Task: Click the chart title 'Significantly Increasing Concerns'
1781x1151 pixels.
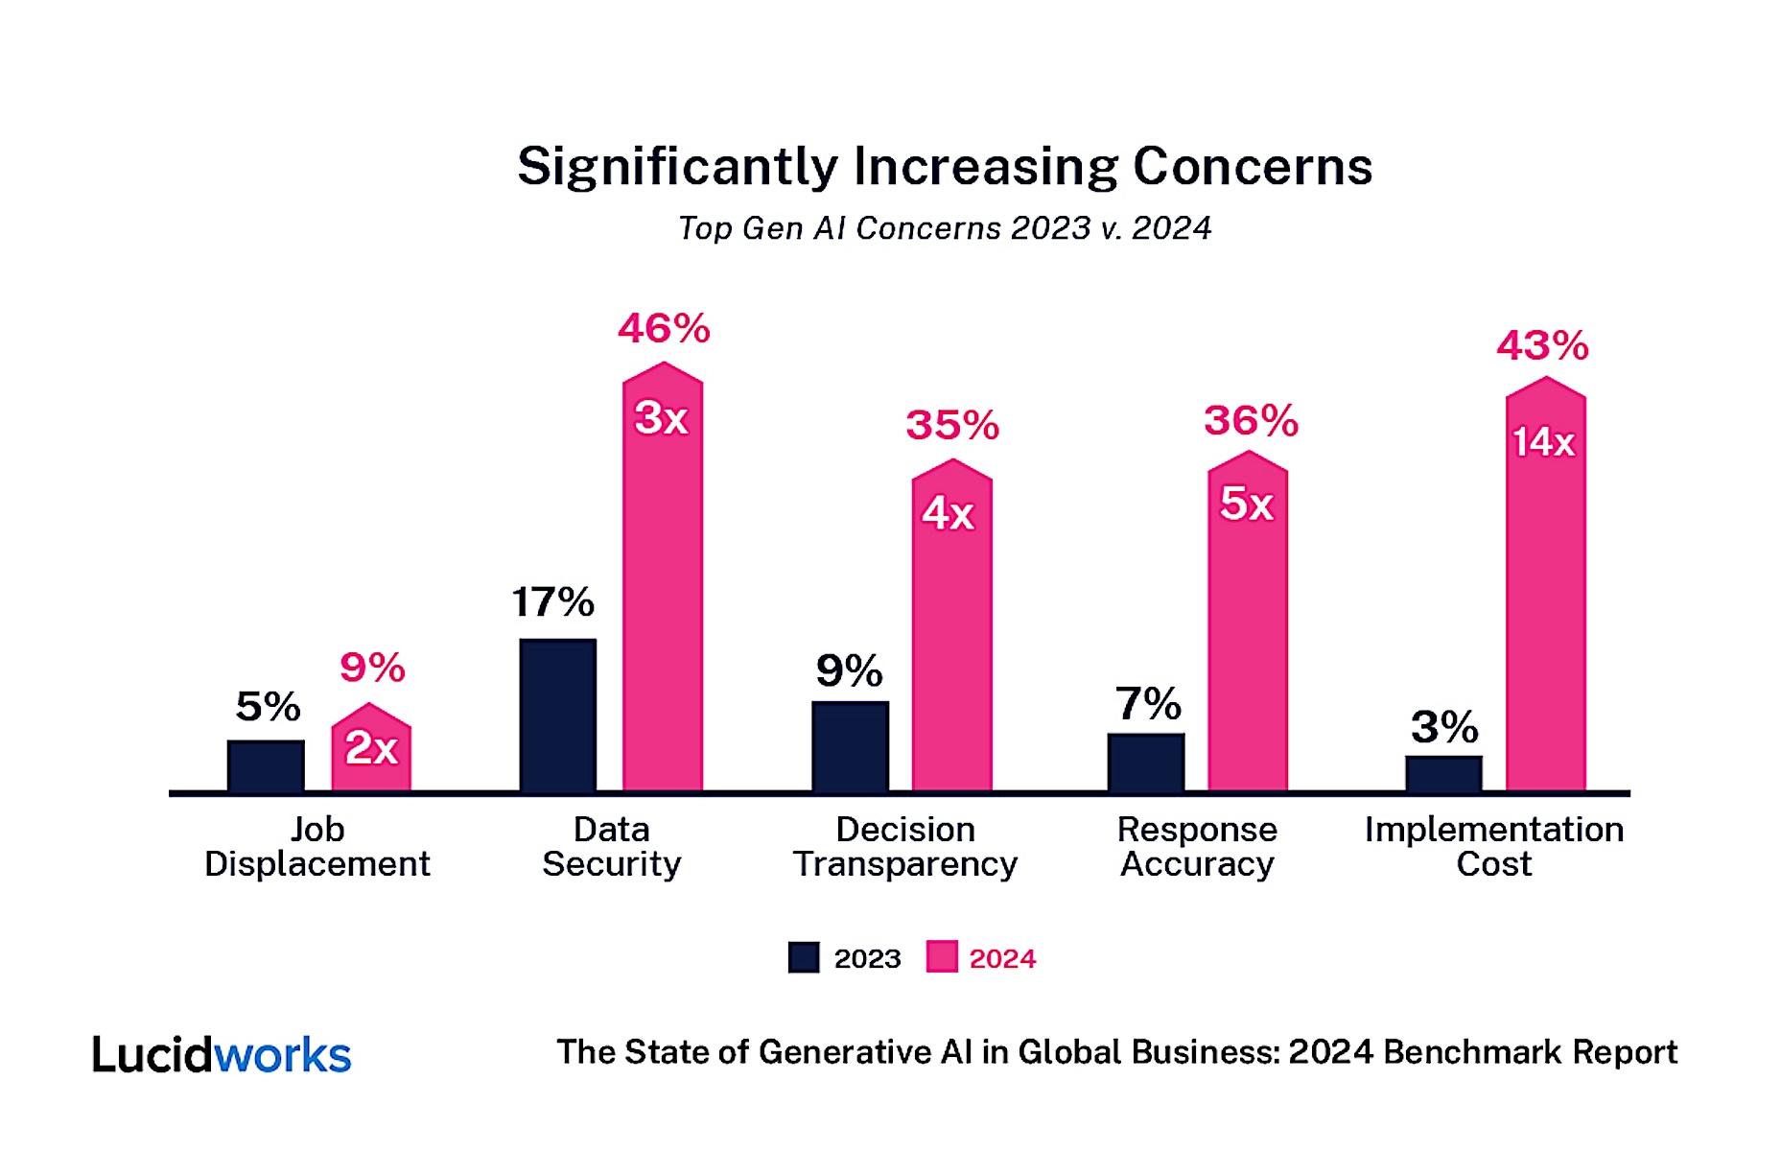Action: point(945,167)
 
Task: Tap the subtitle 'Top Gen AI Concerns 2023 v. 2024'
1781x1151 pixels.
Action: point(945,228)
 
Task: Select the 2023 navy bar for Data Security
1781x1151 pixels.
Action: point(557,715)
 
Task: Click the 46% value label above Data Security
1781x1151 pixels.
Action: point(664,329)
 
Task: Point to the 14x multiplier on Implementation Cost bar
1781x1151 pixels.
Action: point(1544,442)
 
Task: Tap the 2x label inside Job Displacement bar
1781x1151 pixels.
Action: point(371,748)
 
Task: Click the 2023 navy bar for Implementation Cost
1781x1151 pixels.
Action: point(1443,773)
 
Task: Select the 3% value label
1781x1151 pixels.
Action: point(1443,727)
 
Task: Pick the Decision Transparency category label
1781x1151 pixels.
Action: point(904,846)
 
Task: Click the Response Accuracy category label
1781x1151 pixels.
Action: point(1197,846)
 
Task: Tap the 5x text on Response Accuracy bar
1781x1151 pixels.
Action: point(1246,505)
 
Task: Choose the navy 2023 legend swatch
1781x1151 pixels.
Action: point(804,957)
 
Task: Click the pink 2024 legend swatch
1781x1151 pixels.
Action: point(941,957)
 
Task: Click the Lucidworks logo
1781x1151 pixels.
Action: point(222,1054)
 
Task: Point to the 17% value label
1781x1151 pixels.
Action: point(552,602)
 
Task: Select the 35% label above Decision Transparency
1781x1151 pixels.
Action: point(952,425)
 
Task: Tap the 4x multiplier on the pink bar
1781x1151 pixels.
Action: point(949,514)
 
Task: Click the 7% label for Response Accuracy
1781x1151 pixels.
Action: point(1147,704)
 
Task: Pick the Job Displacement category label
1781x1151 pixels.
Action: point(317,846)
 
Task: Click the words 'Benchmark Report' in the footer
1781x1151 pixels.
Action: point(1530,1052)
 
